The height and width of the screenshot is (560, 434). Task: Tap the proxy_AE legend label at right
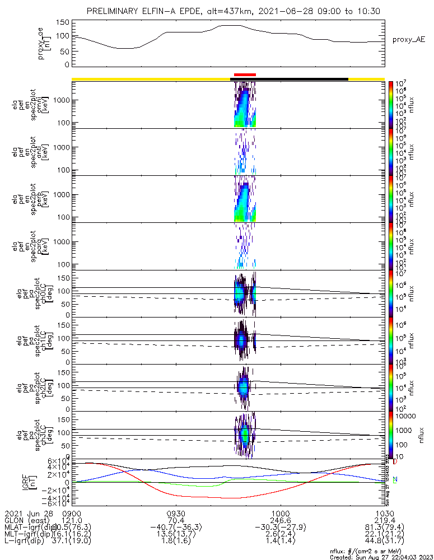click(409, 40)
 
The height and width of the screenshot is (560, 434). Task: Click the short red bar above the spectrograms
click(245, 74)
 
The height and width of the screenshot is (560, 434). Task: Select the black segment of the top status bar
click(290, 79)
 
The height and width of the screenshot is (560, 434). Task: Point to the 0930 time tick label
click(176, 512)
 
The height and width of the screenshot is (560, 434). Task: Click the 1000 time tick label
click(280, 512)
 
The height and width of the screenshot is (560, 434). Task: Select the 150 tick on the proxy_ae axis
click(63, 22)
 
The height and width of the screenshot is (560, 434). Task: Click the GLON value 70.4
click(176, 521)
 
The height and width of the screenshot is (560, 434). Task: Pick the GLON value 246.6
click(280, 521)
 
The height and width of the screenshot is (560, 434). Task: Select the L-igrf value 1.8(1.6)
click(176, 544)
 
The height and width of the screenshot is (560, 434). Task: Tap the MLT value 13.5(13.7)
click(176, 536)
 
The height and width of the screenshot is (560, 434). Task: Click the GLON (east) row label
click(26, 521)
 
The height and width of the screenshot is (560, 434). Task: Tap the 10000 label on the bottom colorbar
click(406, 416)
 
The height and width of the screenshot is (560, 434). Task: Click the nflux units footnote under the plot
click(381, 552)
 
